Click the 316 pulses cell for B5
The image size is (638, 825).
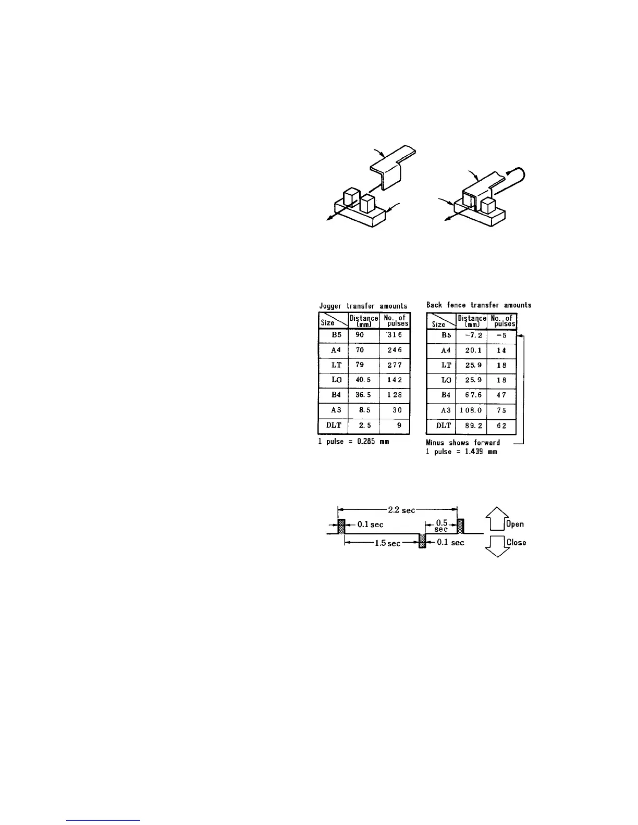point(395,335)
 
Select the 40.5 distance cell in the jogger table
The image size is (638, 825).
point(363,380)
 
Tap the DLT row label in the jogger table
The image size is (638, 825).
point(333,426)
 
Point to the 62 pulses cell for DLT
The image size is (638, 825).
point(501,426)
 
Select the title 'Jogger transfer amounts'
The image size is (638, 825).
point(363,306)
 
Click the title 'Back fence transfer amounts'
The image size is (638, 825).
point(479,305)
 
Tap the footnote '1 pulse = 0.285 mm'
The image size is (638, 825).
point(353,442)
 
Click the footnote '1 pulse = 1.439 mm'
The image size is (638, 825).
point(461,452)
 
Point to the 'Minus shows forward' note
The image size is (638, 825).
point(463,443)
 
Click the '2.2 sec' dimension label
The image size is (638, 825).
point(401,510)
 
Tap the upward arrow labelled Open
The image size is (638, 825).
point(497,518)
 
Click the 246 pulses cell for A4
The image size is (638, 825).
point(395,350)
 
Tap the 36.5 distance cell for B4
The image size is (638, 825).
point(363,395)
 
